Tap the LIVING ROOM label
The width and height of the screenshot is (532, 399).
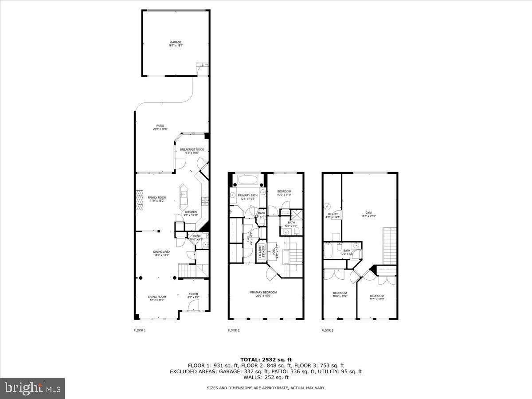click(x=157, y=298)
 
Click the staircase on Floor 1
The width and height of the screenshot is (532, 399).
click(x=192, y=270)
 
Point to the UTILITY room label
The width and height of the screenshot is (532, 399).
click(x=332, y=215)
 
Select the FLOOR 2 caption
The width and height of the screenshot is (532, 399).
click(x=233, y=330)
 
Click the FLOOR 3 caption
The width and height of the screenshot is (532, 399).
click(x=327, y=330)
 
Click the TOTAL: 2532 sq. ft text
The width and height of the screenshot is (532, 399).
click(x=266, y=360)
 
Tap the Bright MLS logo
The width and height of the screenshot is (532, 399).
click(x=32, y=388)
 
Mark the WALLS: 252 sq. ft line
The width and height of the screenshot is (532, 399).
click(x=266, y=377)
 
